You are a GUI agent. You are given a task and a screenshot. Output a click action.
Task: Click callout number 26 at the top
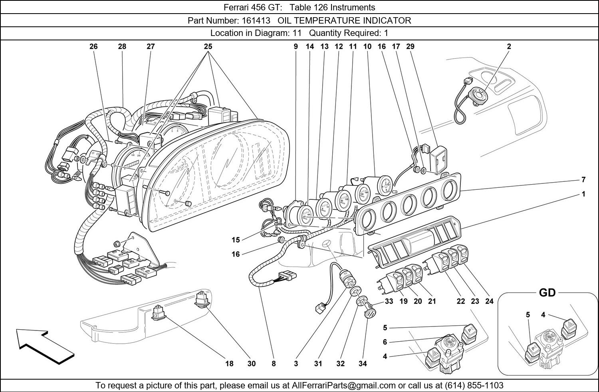[93, 46]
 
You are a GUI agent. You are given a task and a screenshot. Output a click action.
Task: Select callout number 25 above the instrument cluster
[208, 46]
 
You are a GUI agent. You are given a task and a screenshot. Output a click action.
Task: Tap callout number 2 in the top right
[509, 46]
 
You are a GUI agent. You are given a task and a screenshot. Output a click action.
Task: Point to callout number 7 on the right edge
[583, 180]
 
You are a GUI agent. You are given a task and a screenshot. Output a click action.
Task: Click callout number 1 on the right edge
[583, 194]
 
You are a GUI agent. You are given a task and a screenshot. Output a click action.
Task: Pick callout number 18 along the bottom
[229, 364]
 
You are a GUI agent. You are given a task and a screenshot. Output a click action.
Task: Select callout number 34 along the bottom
[363, 364]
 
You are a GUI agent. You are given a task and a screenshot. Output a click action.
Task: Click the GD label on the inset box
[547, 293]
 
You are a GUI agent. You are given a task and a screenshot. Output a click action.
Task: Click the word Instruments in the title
[355, 7]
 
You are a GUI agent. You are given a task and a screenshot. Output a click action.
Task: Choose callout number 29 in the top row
[410, 46]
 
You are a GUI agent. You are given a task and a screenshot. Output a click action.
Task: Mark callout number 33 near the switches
[389, 301]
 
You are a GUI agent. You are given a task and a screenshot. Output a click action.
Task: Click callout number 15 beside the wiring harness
[236, 240]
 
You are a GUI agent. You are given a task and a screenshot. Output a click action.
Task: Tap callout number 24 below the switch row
[489, 301]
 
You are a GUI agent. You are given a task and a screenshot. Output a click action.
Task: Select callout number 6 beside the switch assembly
[385, 342]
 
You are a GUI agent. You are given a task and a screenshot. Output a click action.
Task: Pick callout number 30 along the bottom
[251, 364]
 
